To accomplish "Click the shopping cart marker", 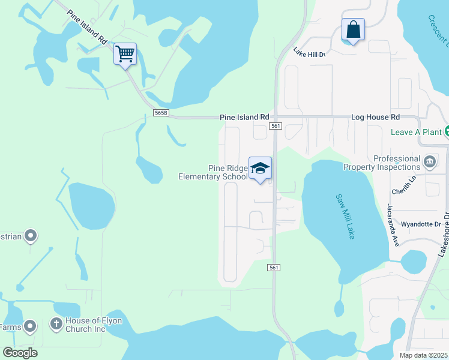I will pyautogui.click(x=125, y=55).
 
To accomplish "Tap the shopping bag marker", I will pyautogui.click(x=353, y=30).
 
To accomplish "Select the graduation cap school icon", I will pyautogui.click(x=260, y=169).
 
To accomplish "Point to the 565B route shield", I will pyautogui.click(x=160, y=113).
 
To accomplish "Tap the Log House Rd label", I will pyautogui.click(x=374, y=118).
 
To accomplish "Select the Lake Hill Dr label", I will pyautogui.click(x=309, y=54).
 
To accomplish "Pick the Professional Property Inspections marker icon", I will pyautogui.click(x=430, y=161).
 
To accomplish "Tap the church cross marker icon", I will pyautogui.click(x=56, y=325).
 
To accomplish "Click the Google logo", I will pyautogui.click(x=20, y=353).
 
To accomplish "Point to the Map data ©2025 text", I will pyautogui.click(x=424, y=355).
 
